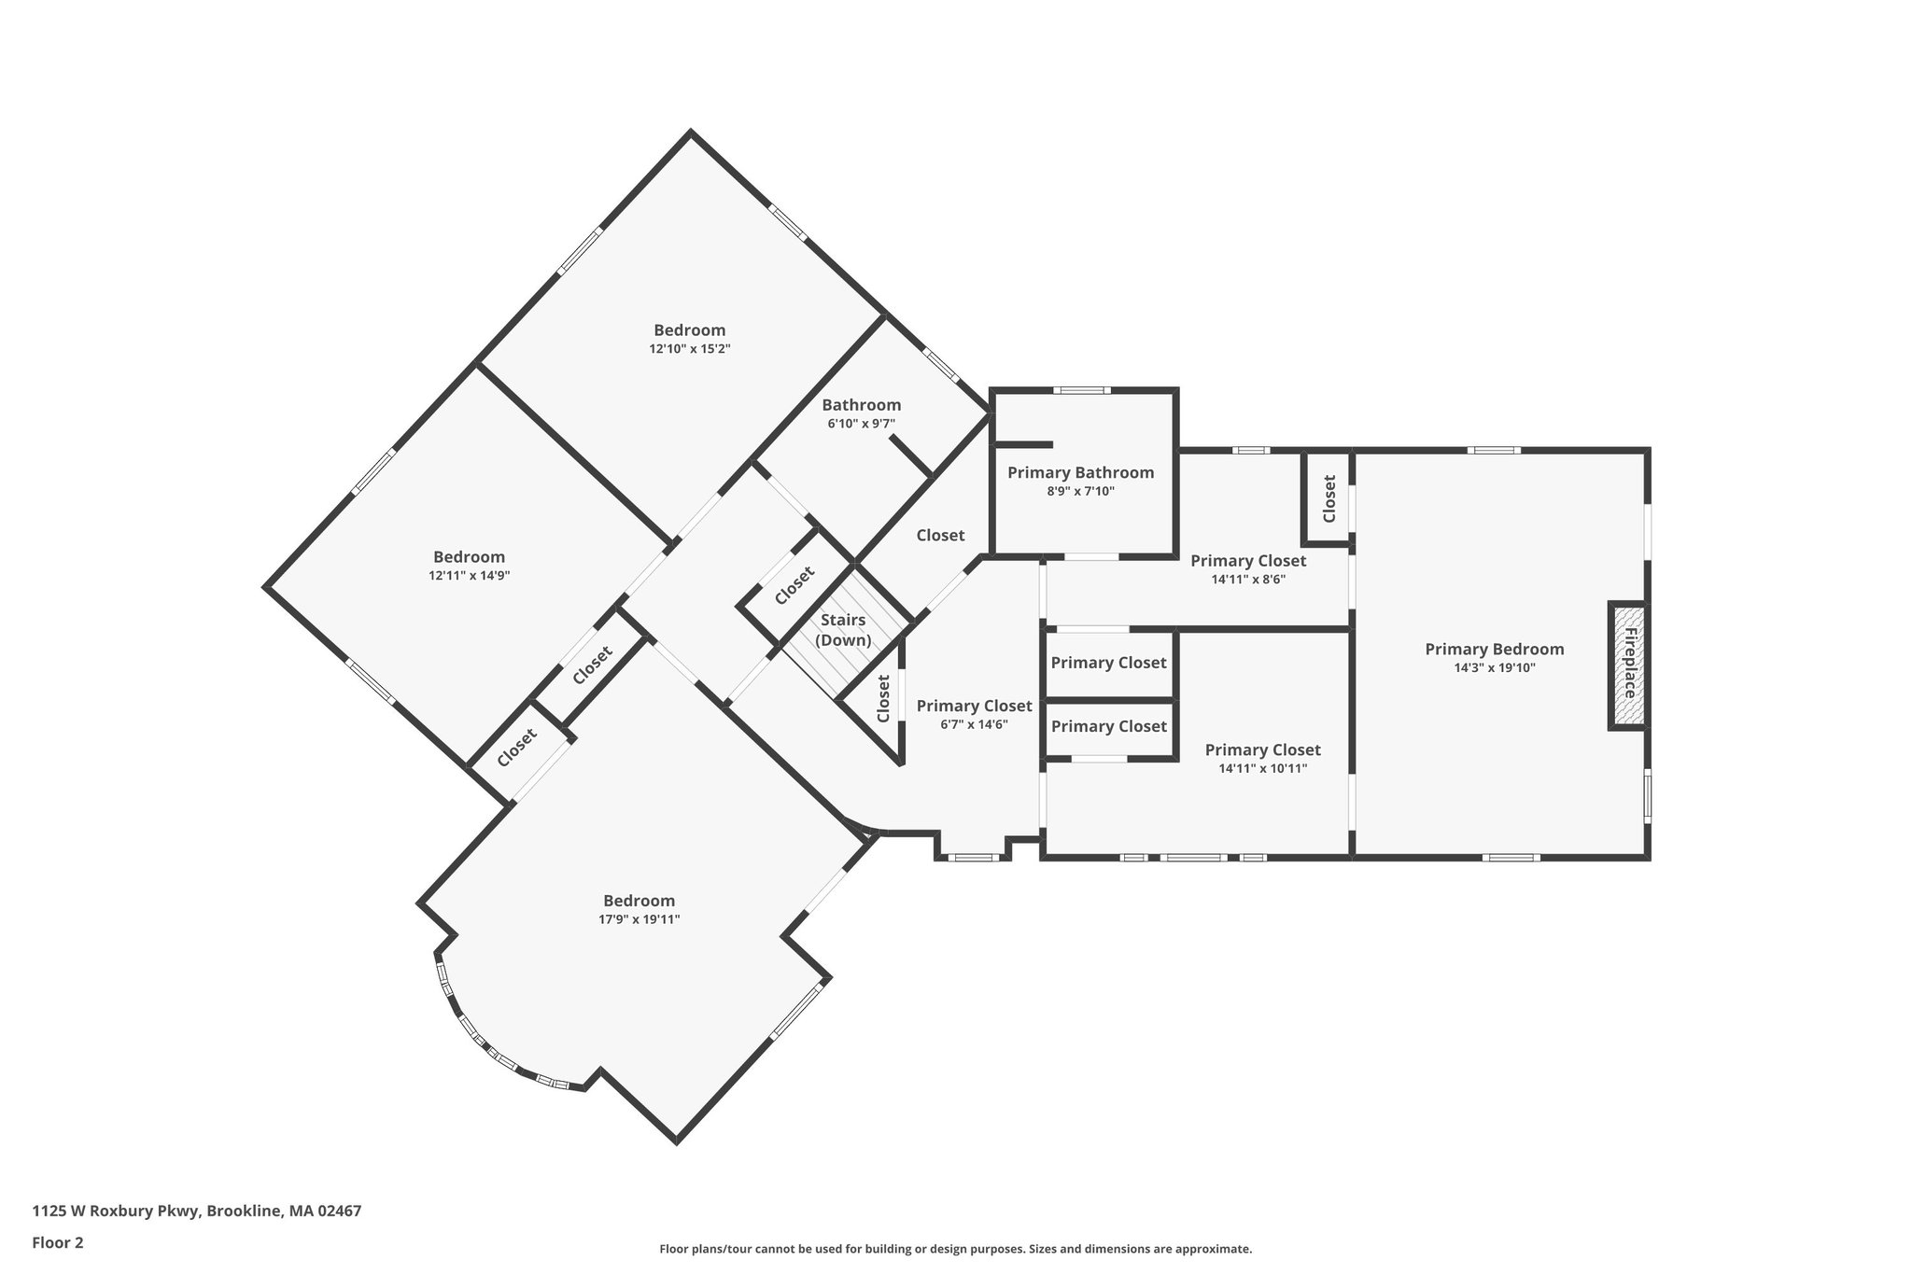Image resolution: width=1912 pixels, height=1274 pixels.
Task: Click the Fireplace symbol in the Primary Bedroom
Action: [1628, 665]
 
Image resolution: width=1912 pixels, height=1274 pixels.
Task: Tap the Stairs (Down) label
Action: [843, 630]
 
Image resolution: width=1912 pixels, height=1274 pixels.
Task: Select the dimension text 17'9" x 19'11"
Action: [639, 919]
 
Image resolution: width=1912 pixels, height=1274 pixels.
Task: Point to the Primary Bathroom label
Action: [1080, 472]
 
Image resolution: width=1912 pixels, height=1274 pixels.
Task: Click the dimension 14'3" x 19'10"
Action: [1494, 667]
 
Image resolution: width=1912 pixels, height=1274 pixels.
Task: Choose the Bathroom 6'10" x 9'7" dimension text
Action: [861, 423]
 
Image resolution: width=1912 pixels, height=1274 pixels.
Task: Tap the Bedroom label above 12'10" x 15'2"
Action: [689, 329]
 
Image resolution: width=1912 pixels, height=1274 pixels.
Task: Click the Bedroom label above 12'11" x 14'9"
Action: [469, 557]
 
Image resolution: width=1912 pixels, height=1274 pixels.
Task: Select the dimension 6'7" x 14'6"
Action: [974, 724]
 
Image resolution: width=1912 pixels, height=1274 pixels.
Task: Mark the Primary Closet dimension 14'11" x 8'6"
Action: [1248, 579]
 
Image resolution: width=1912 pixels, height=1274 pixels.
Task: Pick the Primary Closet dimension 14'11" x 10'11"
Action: [1262, 768]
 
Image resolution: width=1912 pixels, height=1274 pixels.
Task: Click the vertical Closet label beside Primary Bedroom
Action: [1329, 498]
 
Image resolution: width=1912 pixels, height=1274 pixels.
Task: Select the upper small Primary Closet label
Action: [1108, 663]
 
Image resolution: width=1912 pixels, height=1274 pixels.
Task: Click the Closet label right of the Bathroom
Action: [939, 535]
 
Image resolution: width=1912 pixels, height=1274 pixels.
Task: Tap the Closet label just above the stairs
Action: [794, 586]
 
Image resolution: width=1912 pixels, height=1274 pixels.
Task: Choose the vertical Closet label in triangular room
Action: [883, 698]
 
